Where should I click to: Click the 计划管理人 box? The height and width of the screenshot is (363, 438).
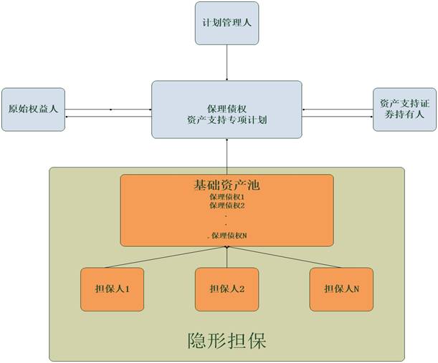pyautogui.click(x=226, y=23)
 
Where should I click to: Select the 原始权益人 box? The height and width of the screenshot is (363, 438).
pyautogui.click(x=33, y=110)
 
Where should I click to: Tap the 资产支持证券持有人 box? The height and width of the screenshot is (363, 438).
pyautogui.click(x=404, y=109)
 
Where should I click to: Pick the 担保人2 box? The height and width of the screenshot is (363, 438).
pyautogui.click(x=227, y=289)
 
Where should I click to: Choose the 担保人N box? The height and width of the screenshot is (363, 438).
pyautogui.click(x=341, y=289)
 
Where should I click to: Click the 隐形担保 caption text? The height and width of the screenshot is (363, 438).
pyautogui.click(x=226, y=339)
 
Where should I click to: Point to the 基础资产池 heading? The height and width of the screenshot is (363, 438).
pyautogui.click(x=226, y=185)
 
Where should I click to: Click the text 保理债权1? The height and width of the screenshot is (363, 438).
pyautogui.click(x=227, y=196)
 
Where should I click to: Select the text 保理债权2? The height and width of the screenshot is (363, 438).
pyautogui.click(x=227, y=205)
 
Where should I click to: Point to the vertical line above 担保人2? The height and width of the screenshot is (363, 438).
pyautogui.click(x=227, y=257)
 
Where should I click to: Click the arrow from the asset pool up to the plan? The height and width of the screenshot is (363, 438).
pyautogui.click(x=227, y=156)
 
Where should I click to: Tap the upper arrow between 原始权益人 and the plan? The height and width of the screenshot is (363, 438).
pyautogui.click(x=108, y=109)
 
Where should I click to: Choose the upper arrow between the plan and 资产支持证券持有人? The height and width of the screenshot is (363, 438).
pyautogui.click(x=337, y=110)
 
